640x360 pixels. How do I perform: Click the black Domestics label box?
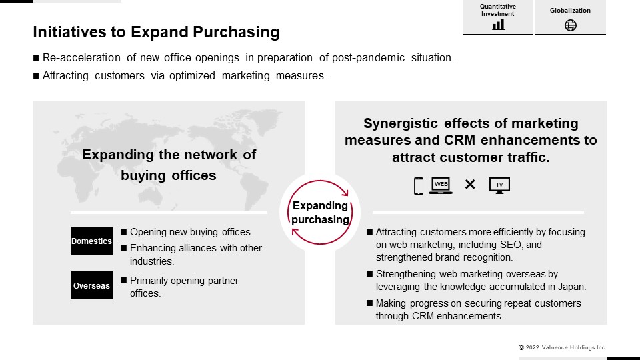tap(92, 241)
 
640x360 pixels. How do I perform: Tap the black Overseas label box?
tap(92, 285)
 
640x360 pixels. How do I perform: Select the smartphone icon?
tap(419, 186)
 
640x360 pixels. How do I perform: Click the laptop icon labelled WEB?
tap(441, 186)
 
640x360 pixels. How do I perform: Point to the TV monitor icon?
tap(499, 186)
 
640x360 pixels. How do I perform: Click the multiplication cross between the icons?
tap(470, 185)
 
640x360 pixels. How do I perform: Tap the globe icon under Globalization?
tap(570, 25)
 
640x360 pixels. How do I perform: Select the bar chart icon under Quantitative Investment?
tap(498, 25)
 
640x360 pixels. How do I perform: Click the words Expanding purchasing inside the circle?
tap(321, 213)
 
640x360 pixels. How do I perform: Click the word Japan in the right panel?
tap(571, 287)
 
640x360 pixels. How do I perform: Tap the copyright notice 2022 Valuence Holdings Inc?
tap(563, 347)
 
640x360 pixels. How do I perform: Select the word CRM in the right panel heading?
tap(459, 140)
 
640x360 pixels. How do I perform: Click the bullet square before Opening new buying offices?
tap(124, 232)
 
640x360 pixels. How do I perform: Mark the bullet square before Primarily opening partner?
tap(124, 281)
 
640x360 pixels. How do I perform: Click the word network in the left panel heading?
tap(211, 155)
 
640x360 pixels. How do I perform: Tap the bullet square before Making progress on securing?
tap(370, 303)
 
